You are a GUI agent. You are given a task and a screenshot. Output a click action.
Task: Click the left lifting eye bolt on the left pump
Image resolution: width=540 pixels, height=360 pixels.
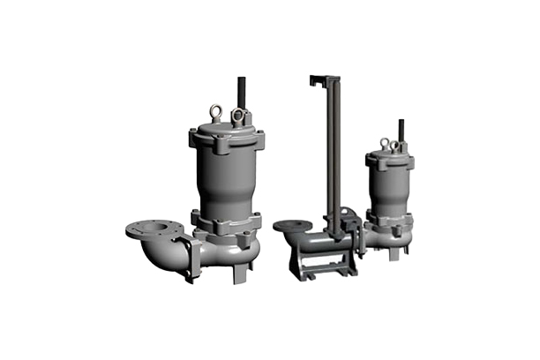coord(214,111)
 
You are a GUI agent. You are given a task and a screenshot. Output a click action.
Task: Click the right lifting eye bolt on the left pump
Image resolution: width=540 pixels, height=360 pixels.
coord(236,115)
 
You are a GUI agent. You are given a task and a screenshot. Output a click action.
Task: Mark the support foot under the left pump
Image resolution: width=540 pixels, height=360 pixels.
coord(239,274)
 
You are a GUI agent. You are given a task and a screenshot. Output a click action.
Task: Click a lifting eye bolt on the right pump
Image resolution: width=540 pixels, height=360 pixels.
coord(385,143)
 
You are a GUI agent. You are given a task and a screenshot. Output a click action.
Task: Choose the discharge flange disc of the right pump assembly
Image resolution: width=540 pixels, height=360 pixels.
coord(292,226)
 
